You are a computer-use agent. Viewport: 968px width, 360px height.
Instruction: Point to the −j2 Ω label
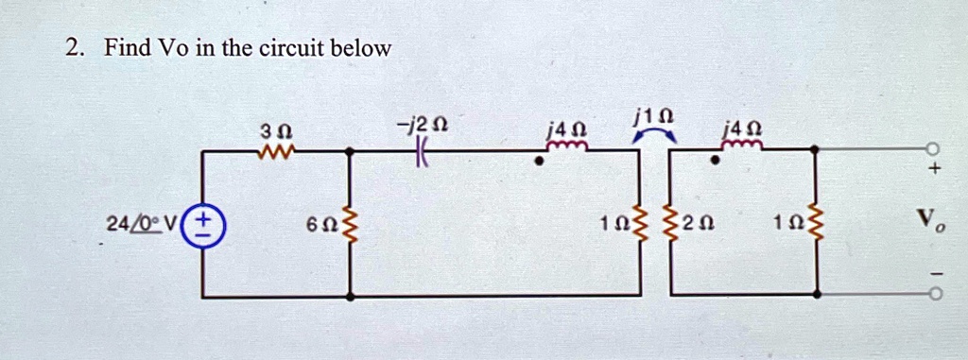point(423,126)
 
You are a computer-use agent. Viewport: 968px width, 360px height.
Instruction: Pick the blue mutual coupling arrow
point(655,134)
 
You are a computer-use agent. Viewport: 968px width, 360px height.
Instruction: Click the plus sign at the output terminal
point(935,167)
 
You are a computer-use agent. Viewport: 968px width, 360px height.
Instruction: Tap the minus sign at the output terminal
point(935,274)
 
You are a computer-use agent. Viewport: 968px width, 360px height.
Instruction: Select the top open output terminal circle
point(935,148)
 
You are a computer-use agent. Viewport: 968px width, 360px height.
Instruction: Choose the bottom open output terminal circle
point(935,296)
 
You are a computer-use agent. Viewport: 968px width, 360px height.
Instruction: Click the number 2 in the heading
point(72,47)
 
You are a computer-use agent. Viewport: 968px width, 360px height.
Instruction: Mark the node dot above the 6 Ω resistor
point(351,149)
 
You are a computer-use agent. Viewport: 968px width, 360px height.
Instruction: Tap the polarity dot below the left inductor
point(540,162)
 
